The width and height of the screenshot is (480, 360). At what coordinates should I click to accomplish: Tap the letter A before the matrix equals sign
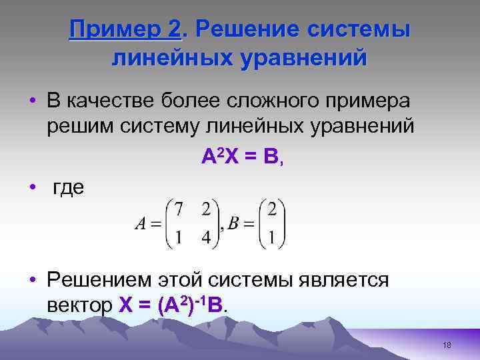click(x=140, y=224)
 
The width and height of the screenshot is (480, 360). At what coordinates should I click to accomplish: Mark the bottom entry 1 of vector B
click(x=271, y=237)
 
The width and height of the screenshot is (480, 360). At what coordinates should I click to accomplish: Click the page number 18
click(x=447, y=345)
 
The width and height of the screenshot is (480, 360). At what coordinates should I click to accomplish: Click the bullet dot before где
click(x=32, y=187)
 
